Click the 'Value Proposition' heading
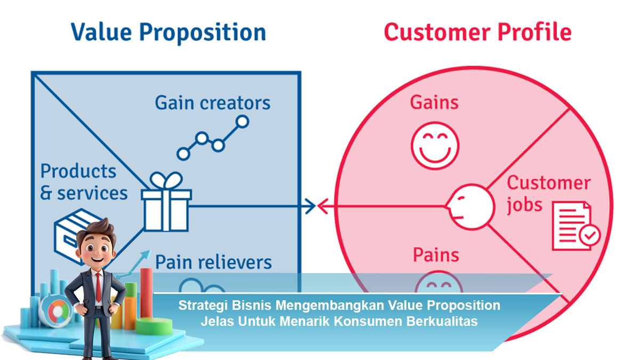pyautogui.click(x=169, y=32)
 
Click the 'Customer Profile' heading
pyautogui.click(x=477, y=32)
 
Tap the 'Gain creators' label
pyautogui.click(x=212, y=102)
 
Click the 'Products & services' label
pyautogui.click(x=84, y=182)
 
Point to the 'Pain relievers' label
pyautogui.click(x=213, y=262)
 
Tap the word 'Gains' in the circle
pyautogui.click(x=434, y=102)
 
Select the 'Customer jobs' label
pyautogui.click(x=548, y=194)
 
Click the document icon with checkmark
pyautogui.click(x=575, y=226)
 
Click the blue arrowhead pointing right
pyautogui.click(x=309, y=206)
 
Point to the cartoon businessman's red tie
pyautogui.click(x=99, y=286)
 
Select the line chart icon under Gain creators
pyautogui.click(x=212, y=138)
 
